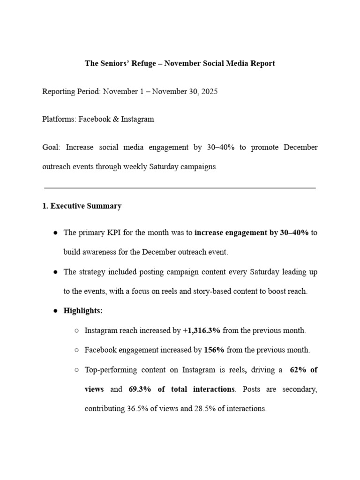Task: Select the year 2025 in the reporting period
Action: (209, 91)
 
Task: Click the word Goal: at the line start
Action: (51, 147)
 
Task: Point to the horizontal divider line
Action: (180, 188)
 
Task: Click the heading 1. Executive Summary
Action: (82, 206)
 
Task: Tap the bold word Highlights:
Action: (83, 311)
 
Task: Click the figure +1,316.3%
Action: (202, 330)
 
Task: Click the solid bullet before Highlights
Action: (55, 311)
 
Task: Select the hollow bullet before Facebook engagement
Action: (76, 350)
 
